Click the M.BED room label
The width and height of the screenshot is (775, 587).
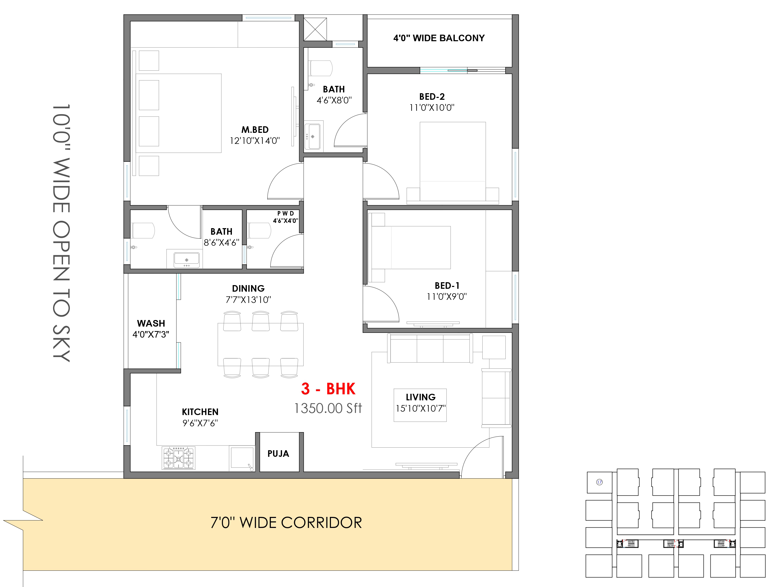(x=255, y=130)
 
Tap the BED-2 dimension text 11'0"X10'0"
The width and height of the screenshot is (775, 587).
(x=432, y=108)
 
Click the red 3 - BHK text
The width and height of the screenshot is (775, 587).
(x=328, y=389)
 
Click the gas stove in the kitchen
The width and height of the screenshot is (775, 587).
(x=178, y=458)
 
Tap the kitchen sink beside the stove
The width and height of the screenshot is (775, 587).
(x=242, y=458)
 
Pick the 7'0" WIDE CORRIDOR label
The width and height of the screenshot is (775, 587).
(x=286, y=523)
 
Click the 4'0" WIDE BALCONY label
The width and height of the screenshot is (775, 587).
(x=439, y=38)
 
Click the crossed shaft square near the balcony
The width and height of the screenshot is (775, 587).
(x=315, y=29)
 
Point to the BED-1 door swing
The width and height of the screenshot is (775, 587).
(x=381, y=304)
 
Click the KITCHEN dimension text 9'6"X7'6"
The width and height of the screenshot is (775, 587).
(x=200, y=423)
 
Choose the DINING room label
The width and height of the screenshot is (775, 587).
(x=248, y=289)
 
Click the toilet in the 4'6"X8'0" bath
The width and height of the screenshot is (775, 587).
(x=320, y=68)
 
